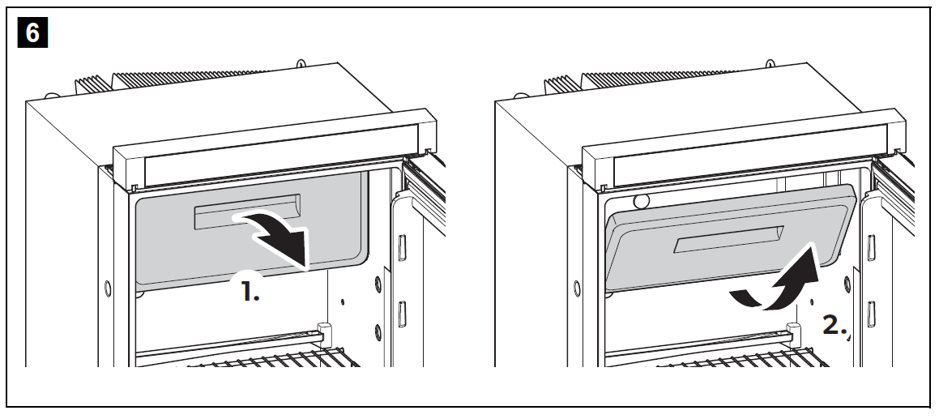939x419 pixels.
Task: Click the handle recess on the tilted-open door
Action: pyautogui.click(x=730, y=242)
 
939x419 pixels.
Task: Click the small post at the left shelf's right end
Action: pyautogui.click(x=325, y=332)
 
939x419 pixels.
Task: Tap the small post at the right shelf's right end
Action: pyautogui.click(x=795, y=332)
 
